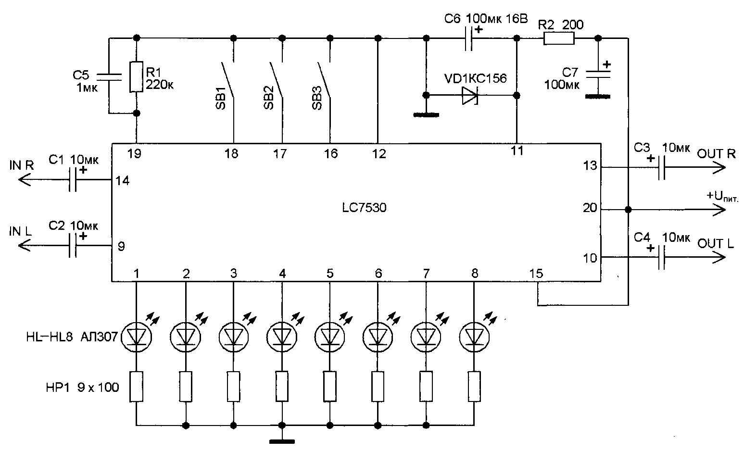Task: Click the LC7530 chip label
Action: tap(365, 208)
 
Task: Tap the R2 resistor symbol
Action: tap(559, 38)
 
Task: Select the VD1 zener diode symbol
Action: tap(470, 96)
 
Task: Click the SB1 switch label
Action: tap(221, 98)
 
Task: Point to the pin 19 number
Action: tap(135, 153)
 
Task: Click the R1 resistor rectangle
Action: tap(136, 77)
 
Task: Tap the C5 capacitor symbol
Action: tap(109, 77)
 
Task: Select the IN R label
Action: tap(22, 165)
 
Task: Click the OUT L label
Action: tap(716, 244)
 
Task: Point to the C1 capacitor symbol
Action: tap(73, 180)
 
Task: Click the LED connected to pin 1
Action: tap(137, 337)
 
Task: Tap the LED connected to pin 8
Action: tap(474, 337)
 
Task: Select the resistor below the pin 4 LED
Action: tap(282, 386)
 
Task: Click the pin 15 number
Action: tap(536, 274)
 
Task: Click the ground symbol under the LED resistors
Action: tap(282, 441)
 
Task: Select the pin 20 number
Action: tap(590, 208)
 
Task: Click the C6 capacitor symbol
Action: tap(468, 38)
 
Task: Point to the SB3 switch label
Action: tap(317, 98)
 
